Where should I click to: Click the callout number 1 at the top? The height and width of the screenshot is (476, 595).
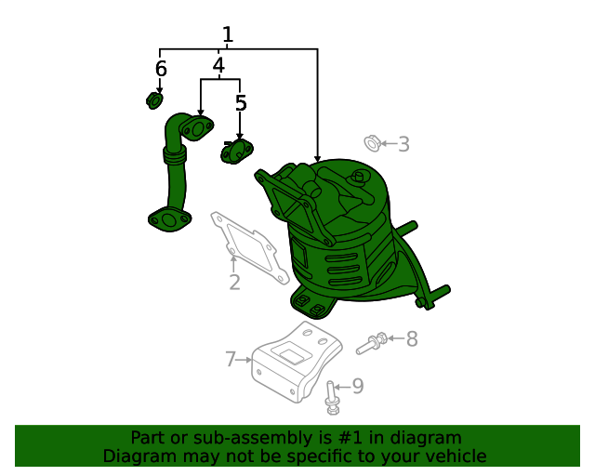pyautogui.click(x=227, y=35)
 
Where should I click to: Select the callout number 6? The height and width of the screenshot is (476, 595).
pyautogui.click(x=161, y=69)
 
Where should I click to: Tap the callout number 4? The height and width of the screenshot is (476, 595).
pyautogui.click(x=218, y=66)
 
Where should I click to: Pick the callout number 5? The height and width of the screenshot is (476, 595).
pyautogui.click(x=241, y=103)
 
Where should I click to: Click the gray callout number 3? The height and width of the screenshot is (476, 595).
pyautogui.click(x=403, y=144)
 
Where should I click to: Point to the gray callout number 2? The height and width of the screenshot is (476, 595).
pyautogui.click(x=234, y=283)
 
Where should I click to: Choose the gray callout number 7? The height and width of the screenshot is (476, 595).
pyautogui.click(x=231, y=359)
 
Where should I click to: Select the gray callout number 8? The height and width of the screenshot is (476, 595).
pyautogui.click(x=412, y=339)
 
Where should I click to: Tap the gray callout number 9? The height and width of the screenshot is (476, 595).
pyautogui.click(x=357, y=386)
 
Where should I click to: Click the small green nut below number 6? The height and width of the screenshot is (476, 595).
pyautogui.click(x=156, y=99)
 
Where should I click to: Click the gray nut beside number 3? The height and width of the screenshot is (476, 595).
pyautogui.click(x=371, y=143)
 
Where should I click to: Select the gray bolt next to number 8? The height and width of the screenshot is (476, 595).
pyautogui.click(x=372, y=344)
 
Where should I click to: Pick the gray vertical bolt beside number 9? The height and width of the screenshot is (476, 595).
pyautogui.click(x=333, y=397)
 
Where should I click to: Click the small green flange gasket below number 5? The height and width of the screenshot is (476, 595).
pyautogui.click(x=236, y=151)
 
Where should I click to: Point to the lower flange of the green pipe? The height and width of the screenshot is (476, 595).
pyautogui.click(x=169, y=220)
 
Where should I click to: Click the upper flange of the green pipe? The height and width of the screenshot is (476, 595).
pyautogui.click(x=197, y=127)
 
